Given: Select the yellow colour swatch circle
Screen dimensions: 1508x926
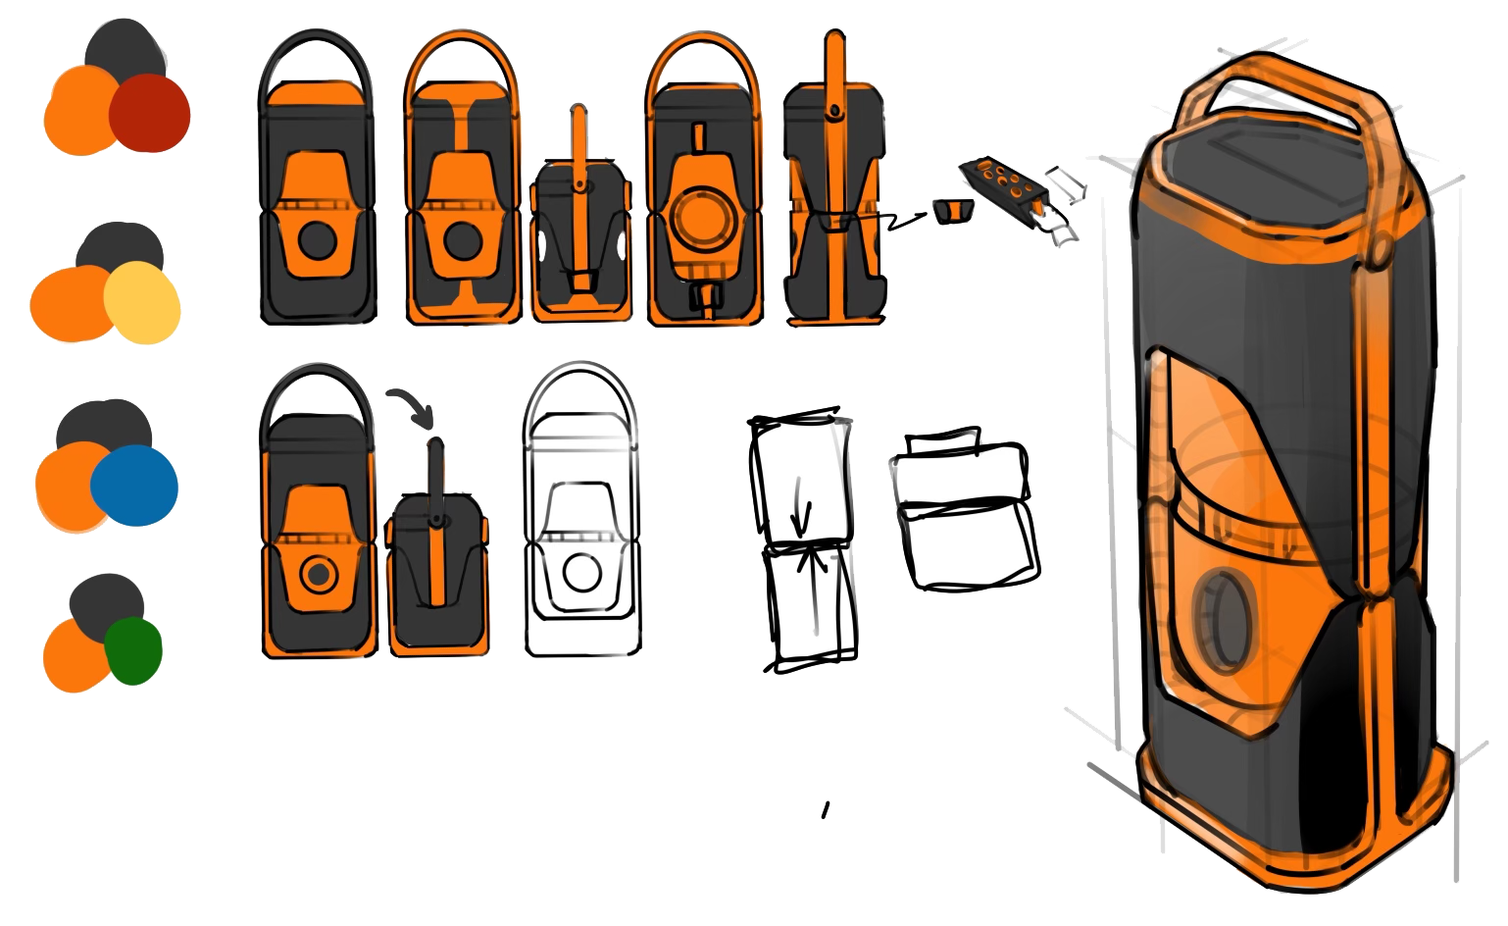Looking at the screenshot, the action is pyautogui.click(x=143, y=301).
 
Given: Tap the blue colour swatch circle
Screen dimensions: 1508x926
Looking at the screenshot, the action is pyautogui.click(x=135, y=485).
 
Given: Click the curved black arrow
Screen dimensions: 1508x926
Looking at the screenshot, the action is pyautogui.click(x=410, y=405).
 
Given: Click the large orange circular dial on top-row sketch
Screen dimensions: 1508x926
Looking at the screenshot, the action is pyautogui.click(x=703, y=219).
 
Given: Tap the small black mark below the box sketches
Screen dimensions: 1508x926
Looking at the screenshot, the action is pyautogui.click(x=826, y=810).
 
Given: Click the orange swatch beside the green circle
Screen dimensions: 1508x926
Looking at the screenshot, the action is pyautogui.click(x=75, y=655).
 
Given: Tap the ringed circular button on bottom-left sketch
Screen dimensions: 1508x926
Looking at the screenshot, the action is pyautogui.click(x=317, y=576).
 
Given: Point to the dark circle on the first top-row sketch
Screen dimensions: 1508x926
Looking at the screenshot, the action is pyautogui.click(x=316, y=239).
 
